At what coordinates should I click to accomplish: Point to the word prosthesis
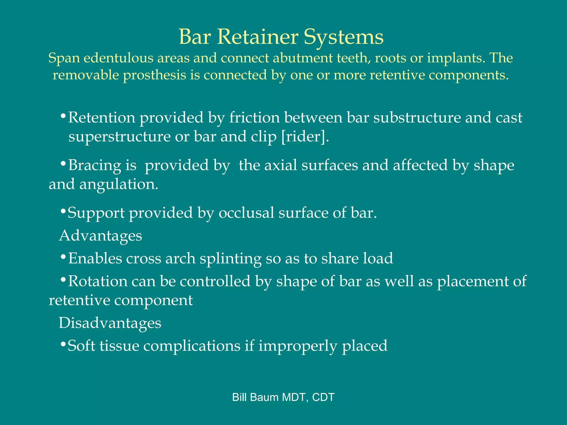[x=154, y=75]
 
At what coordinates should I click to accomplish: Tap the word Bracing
[x=94, y=165]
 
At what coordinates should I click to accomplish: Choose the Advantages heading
[x=100, y=236]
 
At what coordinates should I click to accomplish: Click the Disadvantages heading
[x=110, y=323]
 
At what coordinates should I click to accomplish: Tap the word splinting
[x=230, y=258]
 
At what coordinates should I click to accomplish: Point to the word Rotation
[x=98, y=281]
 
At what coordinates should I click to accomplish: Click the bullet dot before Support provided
[x=63, y=212]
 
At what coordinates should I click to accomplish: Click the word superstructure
[x=119, y=137]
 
